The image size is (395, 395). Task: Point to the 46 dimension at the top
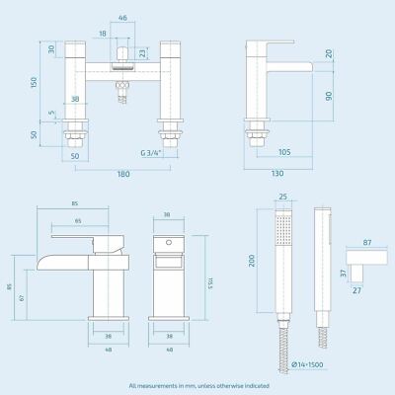point(122,19)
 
